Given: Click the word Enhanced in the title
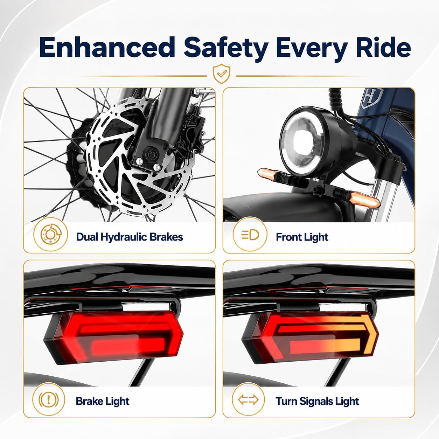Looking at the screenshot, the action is tap(107, 47).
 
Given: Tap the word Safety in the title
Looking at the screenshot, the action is tap(226, 49).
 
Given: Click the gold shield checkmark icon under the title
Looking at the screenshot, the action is tap(221, 74).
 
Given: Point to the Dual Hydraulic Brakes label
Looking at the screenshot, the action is tap(130, 237).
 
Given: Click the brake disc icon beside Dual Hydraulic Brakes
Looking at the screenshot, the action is tap(50, 235).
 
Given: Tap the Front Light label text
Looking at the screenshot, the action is tap(302, 237).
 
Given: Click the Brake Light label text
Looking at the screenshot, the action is tap(103, 401).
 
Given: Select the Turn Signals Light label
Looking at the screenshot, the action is tap(317, 401).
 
